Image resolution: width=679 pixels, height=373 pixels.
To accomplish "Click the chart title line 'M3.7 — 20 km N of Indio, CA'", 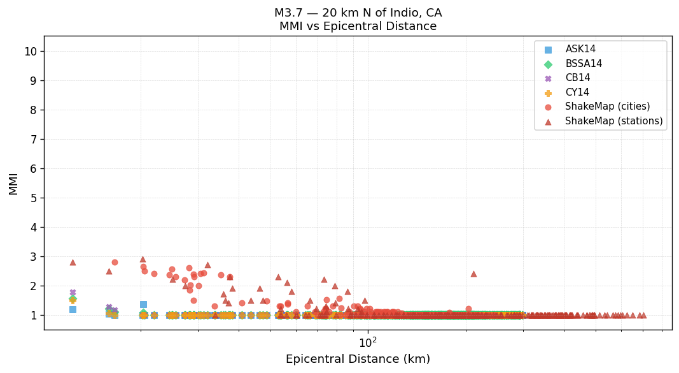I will (358, 13).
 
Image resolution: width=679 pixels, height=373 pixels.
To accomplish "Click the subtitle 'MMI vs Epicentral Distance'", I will (358, 27).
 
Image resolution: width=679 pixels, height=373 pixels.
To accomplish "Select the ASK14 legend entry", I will (580, 49).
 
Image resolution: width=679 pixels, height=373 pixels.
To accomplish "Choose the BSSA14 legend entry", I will (584, 64).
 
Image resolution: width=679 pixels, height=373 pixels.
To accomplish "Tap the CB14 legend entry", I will (578, 78).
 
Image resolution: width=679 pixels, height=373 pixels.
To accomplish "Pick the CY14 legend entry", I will (578, 92).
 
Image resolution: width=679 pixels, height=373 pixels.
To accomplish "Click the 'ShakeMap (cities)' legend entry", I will (607, 106).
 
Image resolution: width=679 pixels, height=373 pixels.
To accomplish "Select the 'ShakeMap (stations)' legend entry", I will (613, 121).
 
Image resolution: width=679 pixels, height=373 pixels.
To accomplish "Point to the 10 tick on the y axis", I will (29, 52).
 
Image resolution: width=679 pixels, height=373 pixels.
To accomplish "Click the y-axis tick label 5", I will (32, 198).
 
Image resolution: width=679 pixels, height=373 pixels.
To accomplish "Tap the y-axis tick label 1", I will (32, 316).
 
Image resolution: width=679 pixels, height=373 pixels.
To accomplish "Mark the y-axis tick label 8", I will (32, 110).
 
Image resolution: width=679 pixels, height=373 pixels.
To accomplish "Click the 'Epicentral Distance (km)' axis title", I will (358, 359).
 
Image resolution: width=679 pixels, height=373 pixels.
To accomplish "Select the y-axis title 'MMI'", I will (13, 183).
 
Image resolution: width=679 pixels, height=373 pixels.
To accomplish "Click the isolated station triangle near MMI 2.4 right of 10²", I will (473, 274).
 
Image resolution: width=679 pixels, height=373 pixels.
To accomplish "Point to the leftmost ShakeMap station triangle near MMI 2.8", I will (73, 262).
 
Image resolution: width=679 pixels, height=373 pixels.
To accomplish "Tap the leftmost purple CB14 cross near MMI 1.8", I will (73, 293).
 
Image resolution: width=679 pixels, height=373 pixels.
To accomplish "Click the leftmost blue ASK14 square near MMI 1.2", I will (73, 309).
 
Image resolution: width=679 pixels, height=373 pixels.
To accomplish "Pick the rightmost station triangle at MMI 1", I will (643, 315).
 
